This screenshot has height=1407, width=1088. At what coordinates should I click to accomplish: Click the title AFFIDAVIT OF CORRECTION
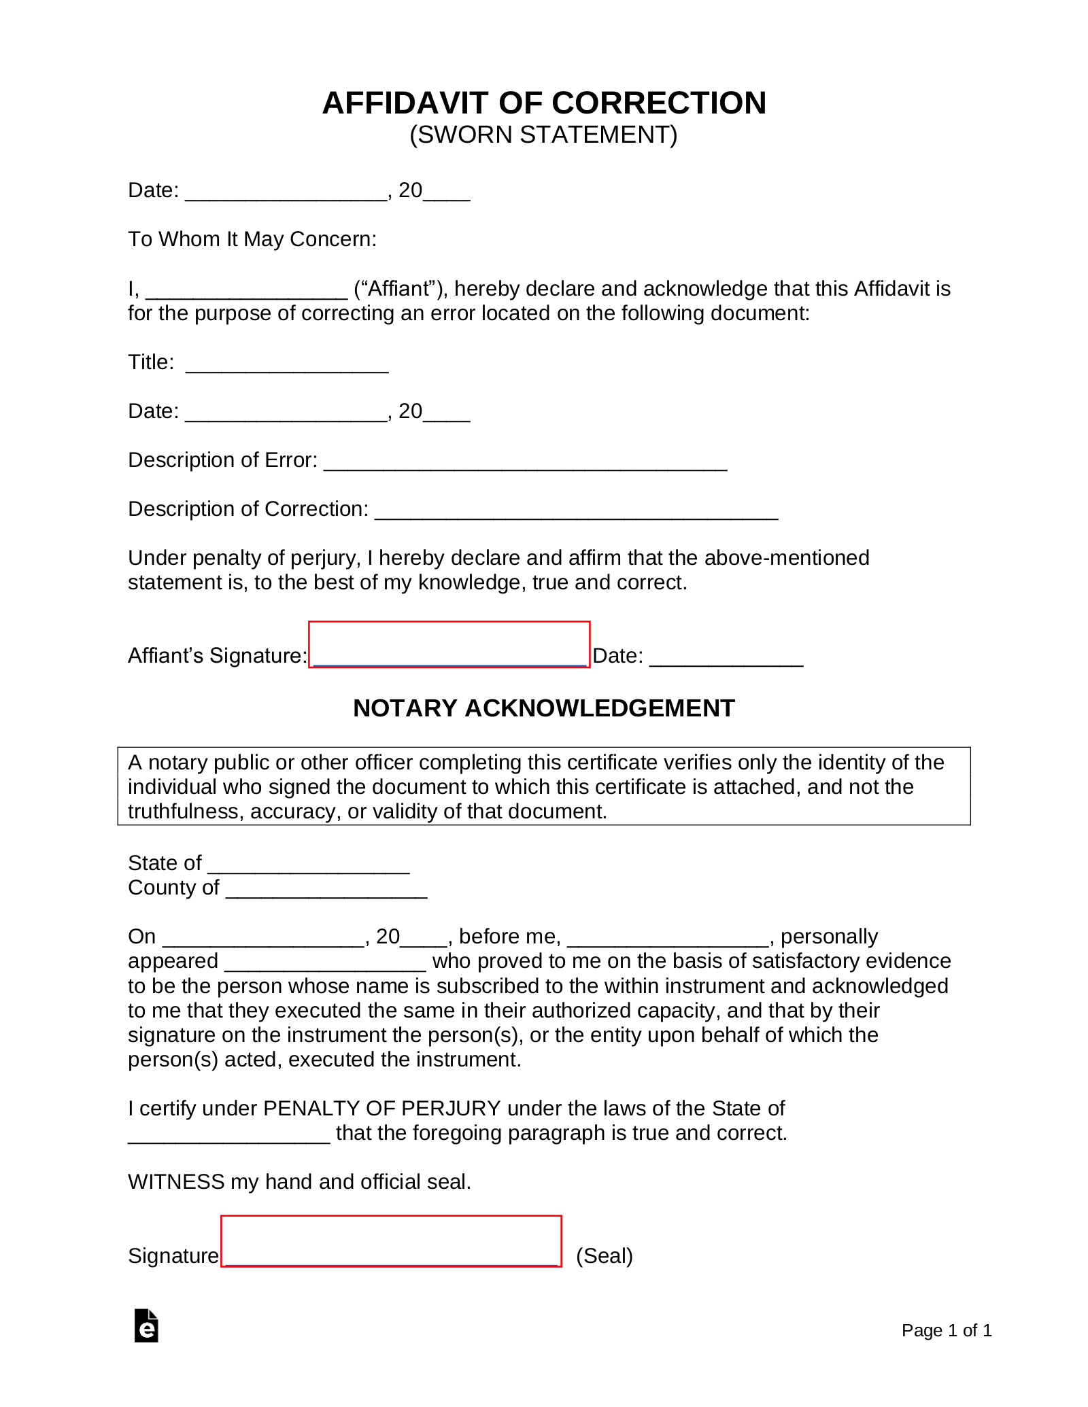[544, 103]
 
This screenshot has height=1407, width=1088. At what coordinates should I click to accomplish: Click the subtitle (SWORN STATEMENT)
[543, 135]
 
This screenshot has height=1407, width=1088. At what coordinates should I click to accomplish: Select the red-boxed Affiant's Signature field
[449, 645]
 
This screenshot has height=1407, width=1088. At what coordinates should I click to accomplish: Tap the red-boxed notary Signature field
[391, 1241]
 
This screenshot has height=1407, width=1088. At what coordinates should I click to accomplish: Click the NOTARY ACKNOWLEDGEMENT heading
[543, 708]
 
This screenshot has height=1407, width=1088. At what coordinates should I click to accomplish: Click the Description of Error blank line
[525, 463]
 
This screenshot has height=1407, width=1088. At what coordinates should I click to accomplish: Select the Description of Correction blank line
[576, 512]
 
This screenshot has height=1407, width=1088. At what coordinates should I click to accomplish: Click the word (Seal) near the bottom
[604, 1255]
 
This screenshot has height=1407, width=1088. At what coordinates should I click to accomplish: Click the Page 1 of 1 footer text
[946, 1330]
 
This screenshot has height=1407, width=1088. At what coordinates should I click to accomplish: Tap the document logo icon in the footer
[146, 1325]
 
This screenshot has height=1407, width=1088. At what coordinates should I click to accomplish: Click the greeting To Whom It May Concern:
[252, 239]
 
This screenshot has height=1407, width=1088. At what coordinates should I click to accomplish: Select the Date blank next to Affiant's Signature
[726, 659]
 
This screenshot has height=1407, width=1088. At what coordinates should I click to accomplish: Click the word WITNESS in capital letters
[176, 1182]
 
